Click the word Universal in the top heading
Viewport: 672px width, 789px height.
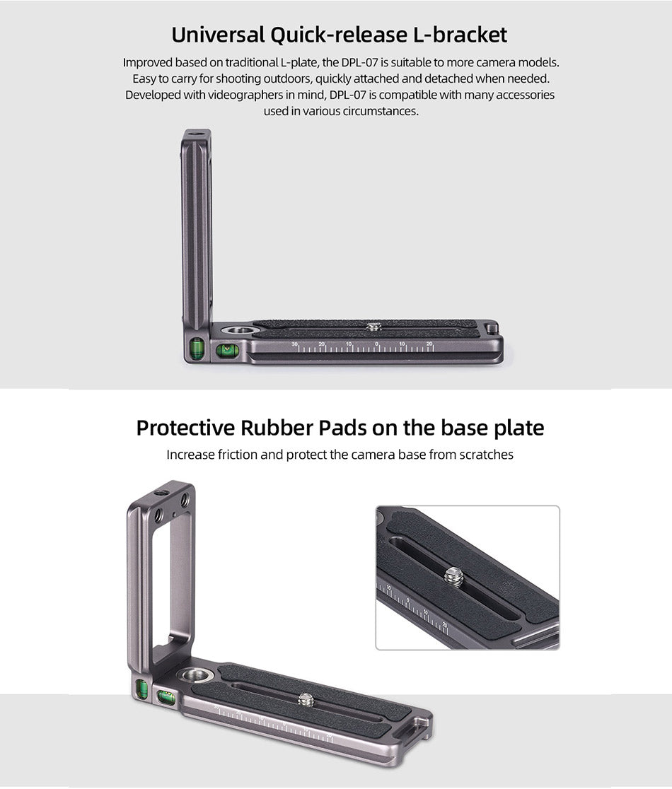click(217, 35)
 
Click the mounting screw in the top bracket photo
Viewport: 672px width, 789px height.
click(373, 327)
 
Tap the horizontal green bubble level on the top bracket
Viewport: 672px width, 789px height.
click(226, 350)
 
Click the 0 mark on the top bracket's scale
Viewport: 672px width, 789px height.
click(376, 344)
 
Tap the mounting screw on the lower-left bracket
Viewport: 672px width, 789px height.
click(305, 699)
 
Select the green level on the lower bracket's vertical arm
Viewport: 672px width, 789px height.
click(141, 689)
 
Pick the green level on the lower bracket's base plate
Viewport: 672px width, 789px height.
click(165, 697)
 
